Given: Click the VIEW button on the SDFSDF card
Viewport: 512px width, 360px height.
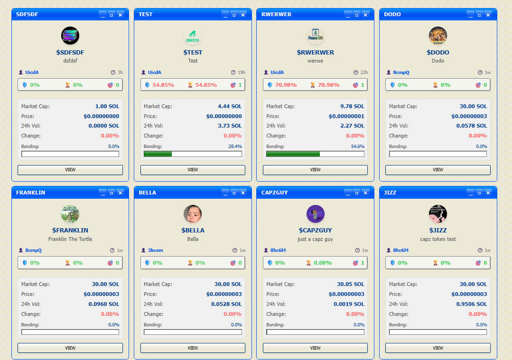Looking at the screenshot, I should coord(70,170).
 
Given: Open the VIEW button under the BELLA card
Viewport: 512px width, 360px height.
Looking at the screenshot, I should coord(193,348).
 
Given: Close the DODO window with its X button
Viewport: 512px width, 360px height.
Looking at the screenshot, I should coord(488,15).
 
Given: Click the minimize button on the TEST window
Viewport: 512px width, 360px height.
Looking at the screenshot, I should coord(225,15).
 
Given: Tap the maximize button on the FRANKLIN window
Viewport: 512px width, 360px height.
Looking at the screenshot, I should coord(112,193).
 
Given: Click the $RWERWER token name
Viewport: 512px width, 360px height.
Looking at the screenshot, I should coord(315,52).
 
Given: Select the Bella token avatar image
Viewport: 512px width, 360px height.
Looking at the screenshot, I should coord(193,214).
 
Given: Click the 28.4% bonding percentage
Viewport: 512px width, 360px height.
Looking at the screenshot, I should coord(235,147).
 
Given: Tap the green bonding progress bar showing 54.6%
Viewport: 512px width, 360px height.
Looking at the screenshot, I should coord(293,154).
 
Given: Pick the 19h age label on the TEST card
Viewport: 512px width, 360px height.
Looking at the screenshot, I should coord(242,73).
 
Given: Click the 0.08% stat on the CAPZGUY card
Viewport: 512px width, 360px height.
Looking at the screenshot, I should coord(323,263).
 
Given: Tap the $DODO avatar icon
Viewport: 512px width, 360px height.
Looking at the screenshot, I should coord(438,36).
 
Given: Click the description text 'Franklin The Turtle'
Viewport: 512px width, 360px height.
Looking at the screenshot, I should coord(70,239).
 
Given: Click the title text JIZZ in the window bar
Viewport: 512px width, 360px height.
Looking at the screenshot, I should coord(390,193).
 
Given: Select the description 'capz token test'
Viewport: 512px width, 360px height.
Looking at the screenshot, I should coord(438,239).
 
